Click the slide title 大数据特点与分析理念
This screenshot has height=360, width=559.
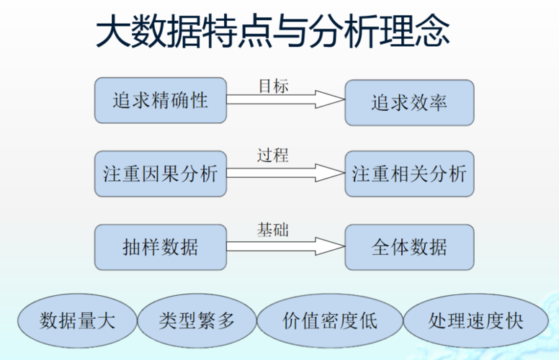(273, 31)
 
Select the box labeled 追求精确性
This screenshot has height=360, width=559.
(161, 101)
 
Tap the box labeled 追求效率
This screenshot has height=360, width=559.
(409, 103)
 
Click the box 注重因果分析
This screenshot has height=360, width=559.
(161, 174)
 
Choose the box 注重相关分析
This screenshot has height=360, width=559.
(409, 174)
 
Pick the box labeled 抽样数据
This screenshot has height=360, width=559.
(161, 247)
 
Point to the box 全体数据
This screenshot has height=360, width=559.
(409, 247)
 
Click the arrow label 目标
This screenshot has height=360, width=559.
(274, 86)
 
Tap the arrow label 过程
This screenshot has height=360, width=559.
(273, 156)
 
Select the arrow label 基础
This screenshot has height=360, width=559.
(273, 230)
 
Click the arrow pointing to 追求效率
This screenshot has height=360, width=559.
(285, 99)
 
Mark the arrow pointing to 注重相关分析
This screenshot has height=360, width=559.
(285, 173)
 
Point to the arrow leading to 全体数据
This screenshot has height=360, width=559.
(285, 246)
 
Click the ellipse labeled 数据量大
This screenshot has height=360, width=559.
(77, 320)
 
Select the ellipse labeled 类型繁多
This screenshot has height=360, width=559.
(197, 320)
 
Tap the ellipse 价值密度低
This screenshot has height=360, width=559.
(330, 320)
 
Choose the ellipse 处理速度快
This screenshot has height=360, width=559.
(475, 320)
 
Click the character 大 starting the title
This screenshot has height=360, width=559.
(113, 31)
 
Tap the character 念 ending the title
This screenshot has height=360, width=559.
(432, 31)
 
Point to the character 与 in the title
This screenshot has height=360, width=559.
(290, 31)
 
